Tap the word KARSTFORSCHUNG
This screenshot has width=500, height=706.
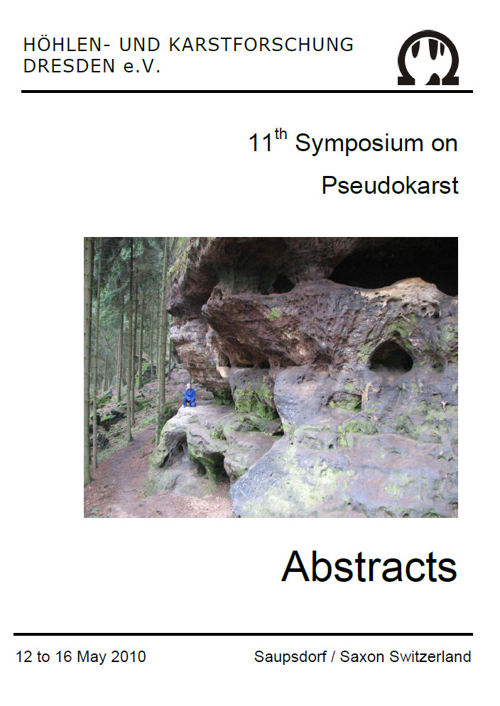coord(261,45)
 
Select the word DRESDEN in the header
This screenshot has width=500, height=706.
coord(70,66)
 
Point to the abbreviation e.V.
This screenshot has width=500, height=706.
coord(141,67)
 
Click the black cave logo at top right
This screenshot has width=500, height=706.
coord(428,57)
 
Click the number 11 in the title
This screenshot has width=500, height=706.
coord(261,143)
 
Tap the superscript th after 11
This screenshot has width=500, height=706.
coord(281,134)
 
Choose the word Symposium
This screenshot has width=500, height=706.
coord(359,144)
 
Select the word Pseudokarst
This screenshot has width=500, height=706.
coord(390,185)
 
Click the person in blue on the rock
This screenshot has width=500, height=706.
coord(190,395)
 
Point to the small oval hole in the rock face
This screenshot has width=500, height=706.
coord(391,355)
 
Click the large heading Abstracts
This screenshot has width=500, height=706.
coord(369,566)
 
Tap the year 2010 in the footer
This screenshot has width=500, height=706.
coord(129,656)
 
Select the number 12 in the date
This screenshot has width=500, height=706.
coord(24,656)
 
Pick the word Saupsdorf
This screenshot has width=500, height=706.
coord(290,657)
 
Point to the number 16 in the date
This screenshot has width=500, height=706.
coord(64,656)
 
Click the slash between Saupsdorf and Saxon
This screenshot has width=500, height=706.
coord(332,657)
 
